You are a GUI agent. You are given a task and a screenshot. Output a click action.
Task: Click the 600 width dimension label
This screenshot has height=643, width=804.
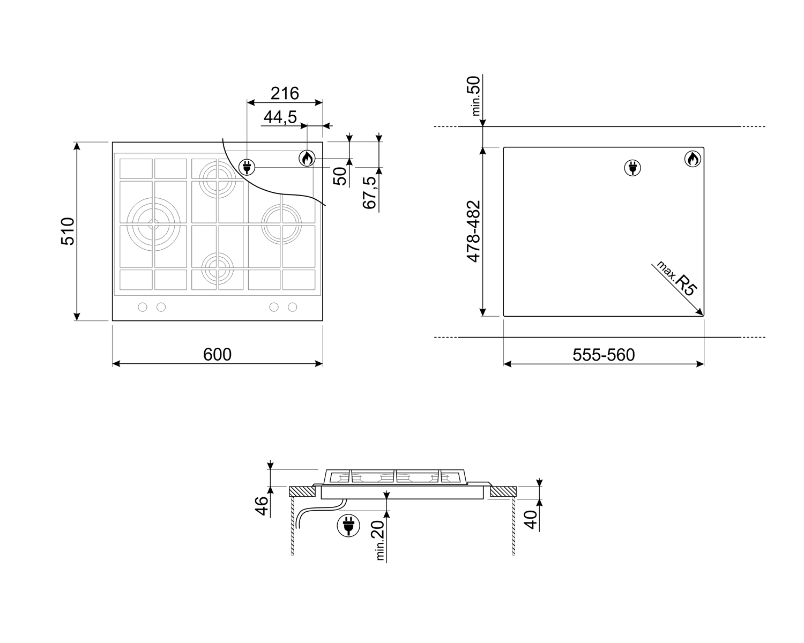tap(217, 354)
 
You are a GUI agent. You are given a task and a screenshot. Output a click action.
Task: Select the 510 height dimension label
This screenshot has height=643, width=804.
tap(68, 231)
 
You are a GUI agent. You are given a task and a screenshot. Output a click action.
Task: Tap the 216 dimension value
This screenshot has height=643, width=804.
tap(285, 93)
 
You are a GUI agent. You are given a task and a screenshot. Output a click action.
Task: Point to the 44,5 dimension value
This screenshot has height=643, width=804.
tap(280, 117)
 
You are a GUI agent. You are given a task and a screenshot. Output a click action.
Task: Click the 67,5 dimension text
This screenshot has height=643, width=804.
tap(369, 192)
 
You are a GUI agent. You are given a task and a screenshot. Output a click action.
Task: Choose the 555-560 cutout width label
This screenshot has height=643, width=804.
tap(604, 355)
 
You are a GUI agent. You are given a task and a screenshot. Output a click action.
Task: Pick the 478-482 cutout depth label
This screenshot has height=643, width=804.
tap(473, 231)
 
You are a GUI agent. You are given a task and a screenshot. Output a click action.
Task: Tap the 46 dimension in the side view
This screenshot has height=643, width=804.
tap(262, 506)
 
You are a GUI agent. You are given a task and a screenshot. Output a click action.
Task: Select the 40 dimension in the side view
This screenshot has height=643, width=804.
tap(531, 520)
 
